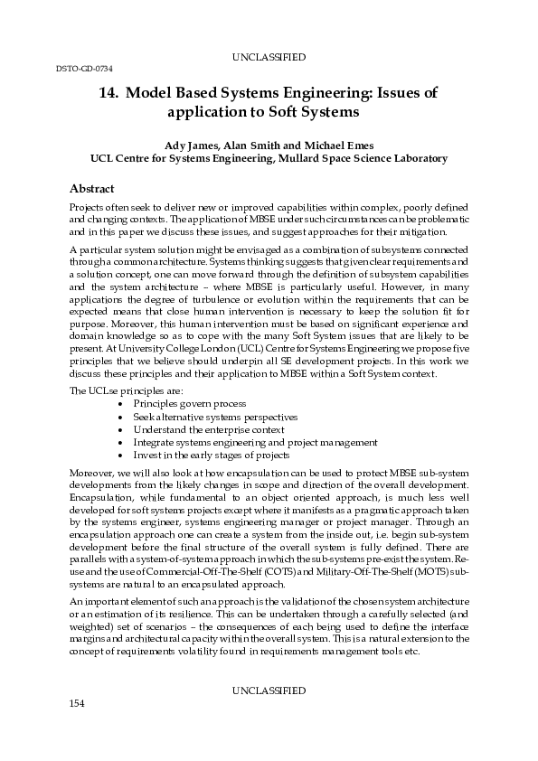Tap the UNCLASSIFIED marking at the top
269,57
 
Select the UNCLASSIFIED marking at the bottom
269,716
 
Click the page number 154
77,728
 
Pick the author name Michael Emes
338,145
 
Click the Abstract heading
92,189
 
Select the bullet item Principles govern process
189,403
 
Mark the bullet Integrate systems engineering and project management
255,442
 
